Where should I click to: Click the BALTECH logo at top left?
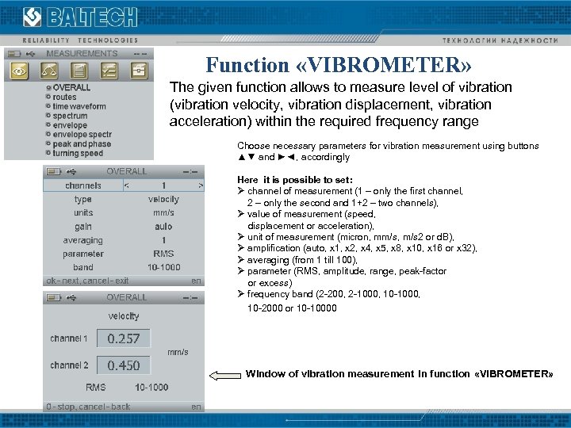79,17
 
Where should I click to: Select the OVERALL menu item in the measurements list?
71,87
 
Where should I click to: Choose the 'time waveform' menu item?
79,106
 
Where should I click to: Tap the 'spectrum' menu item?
70,116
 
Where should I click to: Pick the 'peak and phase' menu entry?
82,144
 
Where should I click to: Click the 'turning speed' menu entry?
78,154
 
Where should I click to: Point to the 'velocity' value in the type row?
163,199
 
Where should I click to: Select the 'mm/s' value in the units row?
163,212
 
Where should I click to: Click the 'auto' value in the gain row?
163,226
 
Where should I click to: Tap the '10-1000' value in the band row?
163,267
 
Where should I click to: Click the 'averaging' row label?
83,240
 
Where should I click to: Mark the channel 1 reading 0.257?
124,338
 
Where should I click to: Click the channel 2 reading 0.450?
124,365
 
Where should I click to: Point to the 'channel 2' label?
69,365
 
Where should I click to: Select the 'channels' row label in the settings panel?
83,185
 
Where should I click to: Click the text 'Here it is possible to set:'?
295,180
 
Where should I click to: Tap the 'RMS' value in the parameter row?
163,254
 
